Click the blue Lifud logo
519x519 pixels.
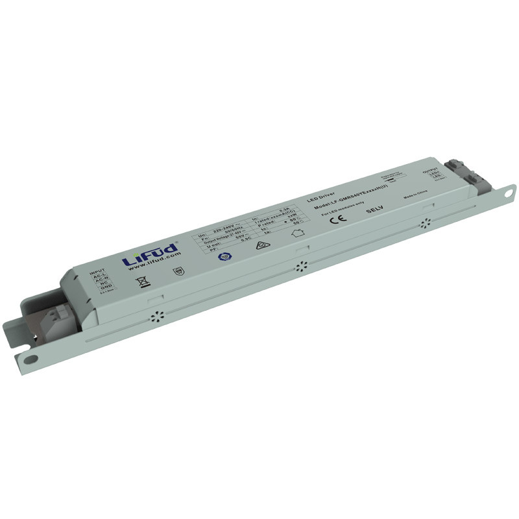coord(150,252)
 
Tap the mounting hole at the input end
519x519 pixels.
coord(29,359)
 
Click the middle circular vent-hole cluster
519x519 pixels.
coord(300,266)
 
